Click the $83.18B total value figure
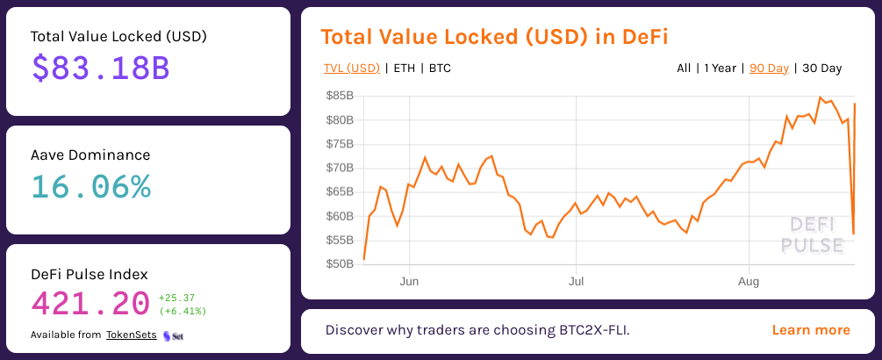tap(100, 68)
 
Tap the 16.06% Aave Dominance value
tap(91, 186)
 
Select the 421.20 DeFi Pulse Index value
tap(90, 304)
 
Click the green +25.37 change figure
tap(176, 298)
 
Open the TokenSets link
tap(132, 335)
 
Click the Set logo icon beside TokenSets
tap(173, 335)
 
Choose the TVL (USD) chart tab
tap(351, 68)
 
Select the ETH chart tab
tap(405, 68)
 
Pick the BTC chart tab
tap(440, 68)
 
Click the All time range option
tap(684, 68)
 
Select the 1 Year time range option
tap(720, 68)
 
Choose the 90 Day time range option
tap(769, 68)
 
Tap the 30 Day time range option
tap(821, 68)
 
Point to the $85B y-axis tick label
tap(339, 95)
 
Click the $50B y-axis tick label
tap(339, 263)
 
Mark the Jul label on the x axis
tap(575, 282)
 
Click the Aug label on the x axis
tap(748, 282)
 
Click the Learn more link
tap(811, 330)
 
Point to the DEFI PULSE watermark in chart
tap(812, 234)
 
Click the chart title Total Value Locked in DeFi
tap(494, 36)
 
